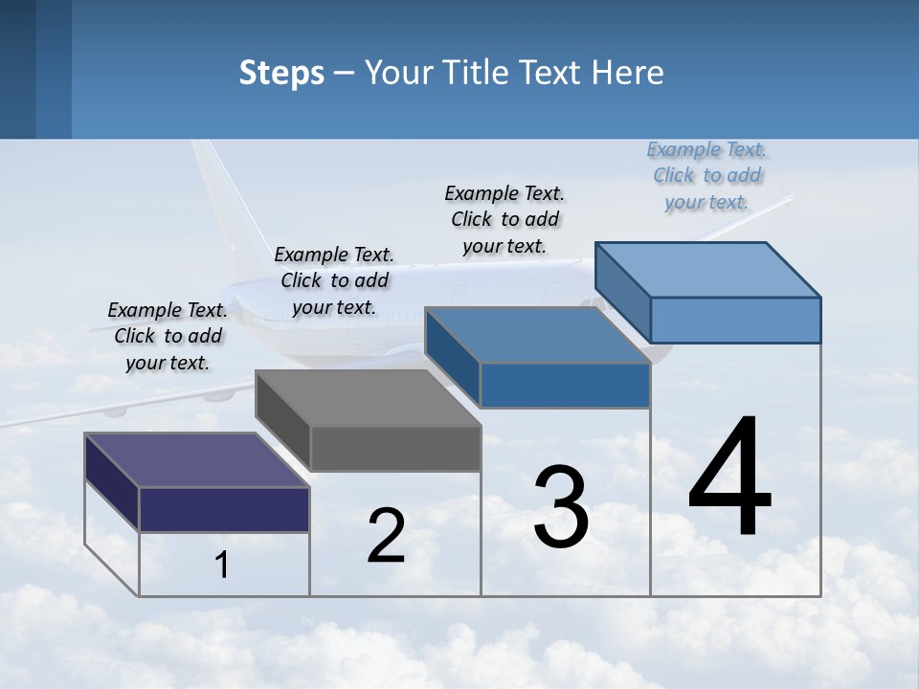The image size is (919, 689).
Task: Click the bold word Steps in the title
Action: coord(281,73)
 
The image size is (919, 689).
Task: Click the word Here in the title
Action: coord(629,73)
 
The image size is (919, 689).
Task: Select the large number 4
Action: coord(729,478)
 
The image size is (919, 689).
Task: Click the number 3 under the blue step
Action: coord(561,507)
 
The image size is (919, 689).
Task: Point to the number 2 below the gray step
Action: coord(386,536)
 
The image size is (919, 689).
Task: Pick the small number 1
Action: coord(222,566)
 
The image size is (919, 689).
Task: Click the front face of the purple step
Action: coord(224,509)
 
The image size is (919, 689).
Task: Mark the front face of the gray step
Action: coord(395,448)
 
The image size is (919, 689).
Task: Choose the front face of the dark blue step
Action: coord(565,386)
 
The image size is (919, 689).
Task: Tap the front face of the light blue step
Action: coord(735,320)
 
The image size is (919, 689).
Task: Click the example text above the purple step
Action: coord(168,336)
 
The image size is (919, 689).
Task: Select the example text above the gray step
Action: coord(334,280)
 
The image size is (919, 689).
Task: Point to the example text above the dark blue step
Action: coord(504,219)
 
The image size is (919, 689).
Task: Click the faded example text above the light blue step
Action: coord(706,175)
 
